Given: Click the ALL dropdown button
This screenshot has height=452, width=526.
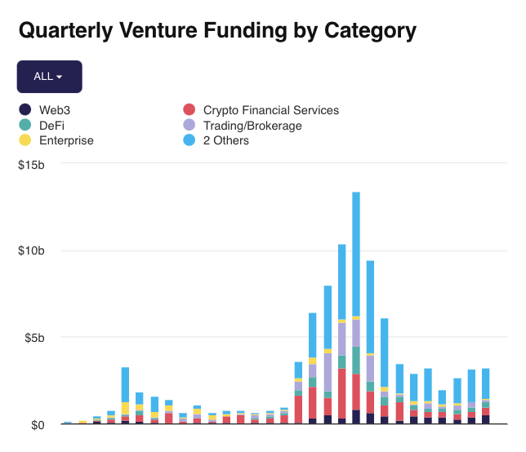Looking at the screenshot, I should (x=49, y=77).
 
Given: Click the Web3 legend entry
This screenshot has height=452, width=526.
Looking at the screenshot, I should (x=56, y=110).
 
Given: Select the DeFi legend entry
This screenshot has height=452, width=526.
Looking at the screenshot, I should (x=53, y=126).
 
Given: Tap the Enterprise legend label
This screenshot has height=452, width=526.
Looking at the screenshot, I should (x=66, y=140).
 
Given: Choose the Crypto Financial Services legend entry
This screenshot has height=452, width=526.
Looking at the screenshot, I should (x=270, y=110).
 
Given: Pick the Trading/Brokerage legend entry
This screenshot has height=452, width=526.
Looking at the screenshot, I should (x=252, y=126).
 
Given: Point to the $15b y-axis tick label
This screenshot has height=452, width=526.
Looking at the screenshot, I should (x=30, y=164).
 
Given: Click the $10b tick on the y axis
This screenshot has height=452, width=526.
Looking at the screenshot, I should (x=30, y=250).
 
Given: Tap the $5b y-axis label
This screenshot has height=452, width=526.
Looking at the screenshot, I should (x=33, y=337).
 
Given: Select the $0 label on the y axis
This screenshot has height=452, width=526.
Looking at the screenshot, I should (x=36, y=424).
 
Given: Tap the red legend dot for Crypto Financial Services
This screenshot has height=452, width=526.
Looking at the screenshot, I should (x=189, y=110).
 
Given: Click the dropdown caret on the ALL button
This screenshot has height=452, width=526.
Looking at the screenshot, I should (x=60, y=78).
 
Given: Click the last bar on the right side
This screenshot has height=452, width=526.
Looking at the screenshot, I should (x=486, y=396).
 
